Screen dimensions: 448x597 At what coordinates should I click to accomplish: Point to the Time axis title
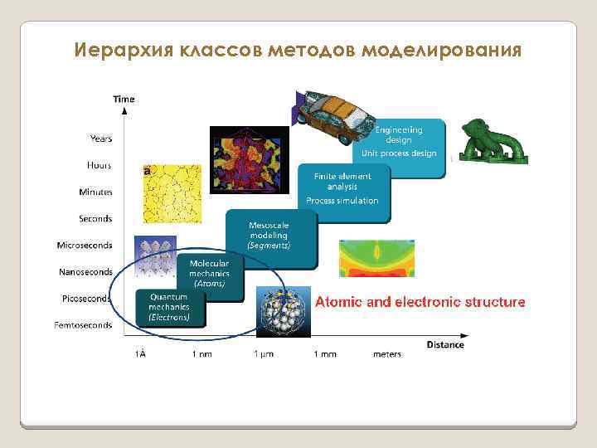(124, 99)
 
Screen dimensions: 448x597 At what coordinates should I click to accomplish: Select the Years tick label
(101, 138)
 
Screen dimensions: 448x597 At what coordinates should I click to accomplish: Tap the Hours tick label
(99, 165)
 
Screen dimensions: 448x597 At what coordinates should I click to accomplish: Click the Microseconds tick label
(85, 246)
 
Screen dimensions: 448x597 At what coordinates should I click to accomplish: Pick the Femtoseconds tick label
(83, 325)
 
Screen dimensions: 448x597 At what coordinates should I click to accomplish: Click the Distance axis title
(445, 344)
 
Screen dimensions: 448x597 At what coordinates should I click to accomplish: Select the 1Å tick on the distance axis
(141, 354)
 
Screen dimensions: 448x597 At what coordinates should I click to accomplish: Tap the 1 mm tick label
(325, 354)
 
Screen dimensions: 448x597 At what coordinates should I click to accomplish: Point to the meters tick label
(386, 354)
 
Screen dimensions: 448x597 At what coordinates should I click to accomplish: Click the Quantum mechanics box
(169, 306)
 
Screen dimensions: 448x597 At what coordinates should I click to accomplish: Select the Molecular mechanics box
(209, 272)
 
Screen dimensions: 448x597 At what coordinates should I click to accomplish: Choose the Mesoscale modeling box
(269, 236)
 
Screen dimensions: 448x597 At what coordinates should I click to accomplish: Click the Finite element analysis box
(342, 188)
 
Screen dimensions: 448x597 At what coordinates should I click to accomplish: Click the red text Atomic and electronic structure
(420, 302)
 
